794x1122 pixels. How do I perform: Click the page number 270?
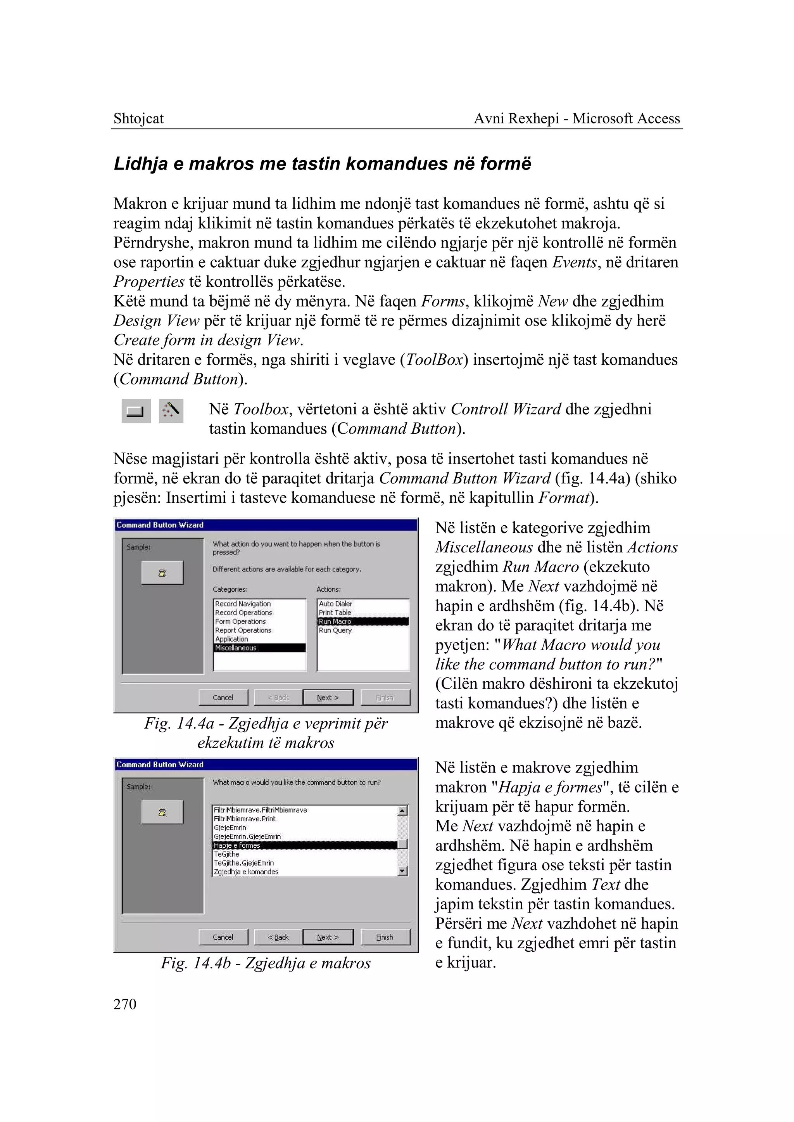tap(125, 1004)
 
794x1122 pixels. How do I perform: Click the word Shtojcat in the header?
tap(138, 118)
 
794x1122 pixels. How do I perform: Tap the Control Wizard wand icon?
tap(171, 410)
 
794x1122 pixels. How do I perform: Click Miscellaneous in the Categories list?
tap(236, 648)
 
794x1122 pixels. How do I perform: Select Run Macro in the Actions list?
tap(335, 622)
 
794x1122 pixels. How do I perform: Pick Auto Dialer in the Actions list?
tap(335, 604)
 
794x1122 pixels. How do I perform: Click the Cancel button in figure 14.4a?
tap(223, 697)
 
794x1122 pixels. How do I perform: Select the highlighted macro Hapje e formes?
tap(237, 845)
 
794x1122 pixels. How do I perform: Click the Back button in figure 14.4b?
tap(278, 937)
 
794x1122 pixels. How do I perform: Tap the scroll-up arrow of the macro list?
tap(402, 811)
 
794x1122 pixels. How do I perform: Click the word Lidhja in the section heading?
tap(141, 163)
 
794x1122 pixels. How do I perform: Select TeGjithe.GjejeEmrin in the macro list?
tap(243, 863)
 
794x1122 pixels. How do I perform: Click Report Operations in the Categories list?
tap(243, 630)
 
